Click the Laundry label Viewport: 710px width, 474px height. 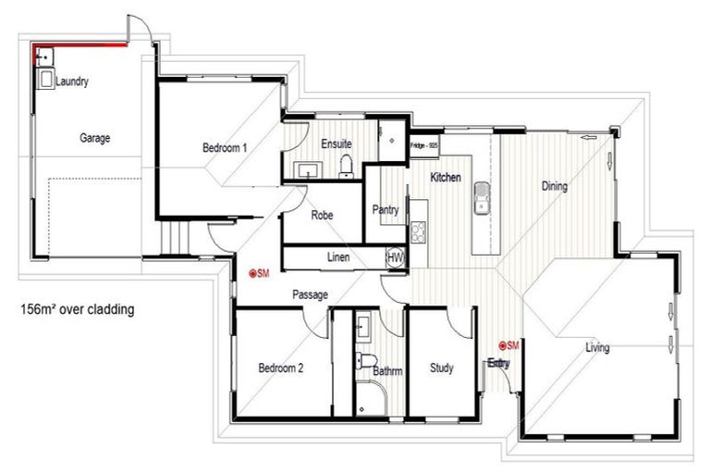pyautogui.click(x=72, y=82)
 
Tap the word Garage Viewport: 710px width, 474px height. pyautogui.click(x=94, y=138)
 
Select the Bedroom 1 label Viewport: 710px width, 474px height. pyautogui.click(x=225, y=147)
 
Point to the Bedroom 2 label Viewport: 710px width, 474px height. pyautogui.click(x=281, y=368)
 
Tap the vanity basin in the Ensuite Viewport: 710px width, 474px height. pyautogui.click(x=306, y=169)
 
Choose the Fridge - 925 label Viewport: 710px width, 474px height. pyautogui.click(x=424, y=144)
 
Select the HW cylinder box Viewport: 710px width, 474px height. pyautogui.click(x=395, y=257)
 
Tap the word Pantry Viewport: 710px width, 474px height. pyautogui.click(x=385, y=210)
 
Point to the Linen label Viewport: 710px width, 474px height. pyautogui.click(x=338, y=257)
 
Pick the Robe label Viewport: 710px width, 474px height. pyautogui.click(x=322, y=215)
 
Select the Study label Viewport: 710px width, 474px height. pyautogui.click(x=442, y=368)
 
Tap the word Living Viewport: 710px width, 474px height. pyautogui.click(x=597, y=348)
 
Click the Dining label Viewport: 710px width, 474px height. pyautogui.click(x=554, y=186)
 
